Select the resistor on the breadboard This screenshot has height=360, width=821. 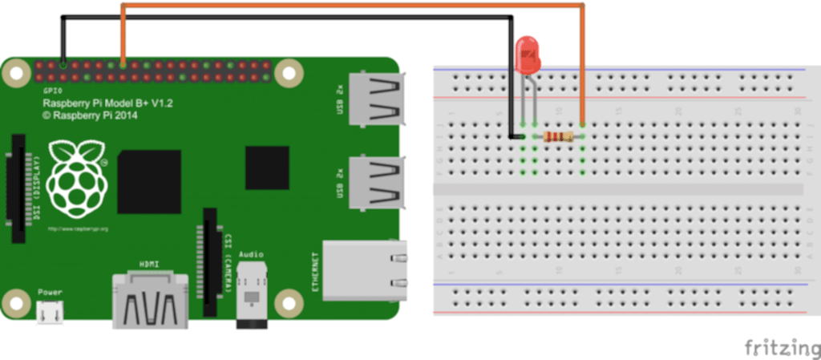(558, 136)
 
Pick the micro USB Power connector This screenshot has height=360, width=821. (49, 312)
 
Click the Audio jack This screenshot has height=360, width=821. (252, 297)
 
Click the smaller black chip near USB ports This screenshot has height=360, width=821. (267, 167)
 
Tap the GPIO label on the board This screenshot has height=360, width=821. (52, 91)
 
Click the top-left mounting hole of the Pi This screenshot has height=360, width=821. (15, 74)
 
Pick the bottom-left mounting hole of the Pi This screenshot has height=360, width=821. (15, 303)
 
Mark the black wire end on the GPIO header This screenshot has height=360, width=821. (63, 65)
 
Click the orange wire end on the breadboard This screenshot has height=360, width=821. (582, 124)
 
